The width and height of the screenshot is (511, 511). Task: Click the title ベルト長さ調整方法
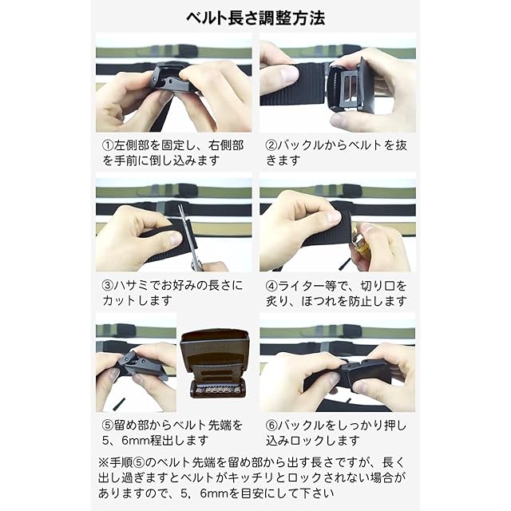click(x=255, y=18)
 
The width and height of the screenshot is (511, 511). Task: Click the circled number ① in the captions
click(x=108, y=145)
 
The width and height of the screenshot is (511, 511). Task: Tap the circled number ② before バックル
click(x=271, y=145)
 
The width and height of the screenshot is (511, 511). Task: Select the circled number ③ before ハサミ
click(x=108, y=286)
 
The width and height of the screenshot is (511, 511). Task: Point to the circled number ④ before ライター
click(x=271, y=286)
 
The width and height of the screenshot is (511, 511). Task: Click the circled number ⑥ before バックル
click(x=271, y=426)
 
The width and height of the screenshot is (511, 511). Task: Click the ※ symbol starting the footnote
click(x=104, y=462)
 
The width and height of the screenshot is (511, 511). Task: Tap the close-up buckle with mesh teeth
click(x=216, y=364)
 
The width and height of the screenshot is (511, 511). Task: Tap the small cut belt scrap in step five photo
click(x=119, y=403)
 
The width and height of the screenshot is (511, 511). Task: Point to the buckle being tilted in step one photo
click(x=170, y=79)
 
